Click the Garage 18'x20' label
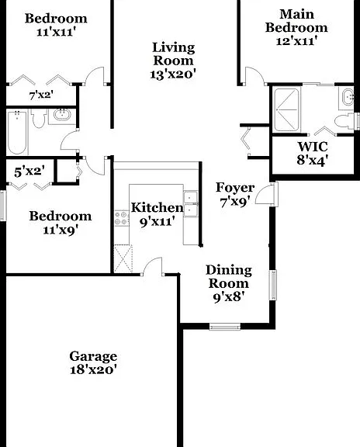(x=93, y=363)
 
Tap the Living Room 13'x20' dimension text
(x=173, y=74)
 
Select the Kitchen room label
(x=157, y=207)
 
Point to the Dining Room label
(x=229, y=277)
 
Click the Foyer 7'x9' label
(x=235, y=195)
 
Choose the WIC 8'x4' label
(x=313, y=154)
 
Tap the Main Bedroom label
(x=296, y=21)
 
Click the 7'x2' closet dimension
(x=41, y=95)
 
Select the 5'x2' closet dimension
(x=29, y=172)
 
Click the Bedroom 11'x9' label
(x=61, y=223)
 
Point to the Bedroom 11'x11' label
(x=56, y=25)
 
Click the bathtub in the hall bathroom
(x=17, y=132)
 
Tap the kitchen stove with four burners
(x=122, y=218)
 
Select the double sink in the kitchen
(x=190, y=203)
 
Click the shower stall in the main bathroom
(x=287, y=109)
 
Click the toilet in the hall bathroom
(x=39, y=119)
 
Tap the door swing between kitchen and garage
(x=153, y=266)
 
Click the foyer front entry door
(x=266, y=194)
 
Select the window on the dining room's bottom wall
(x=225, y=327)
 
